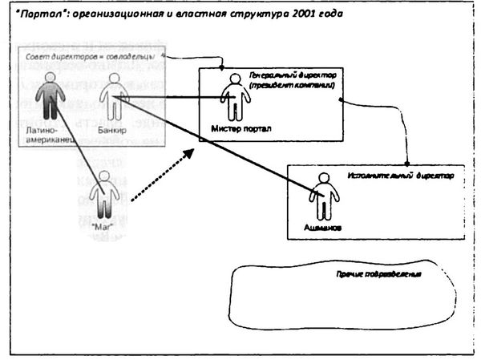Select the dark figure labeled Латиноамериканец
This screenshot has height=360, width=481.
tap(50, 95)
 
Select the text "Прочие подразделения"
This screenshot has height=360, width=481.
tap(380, 274)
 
